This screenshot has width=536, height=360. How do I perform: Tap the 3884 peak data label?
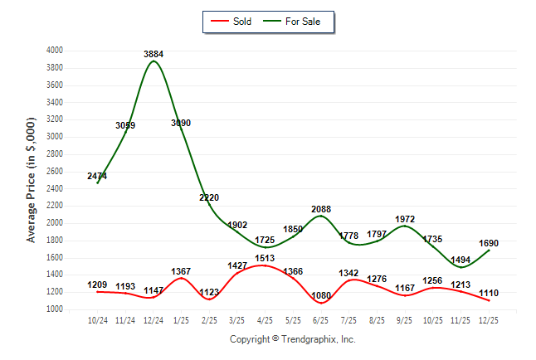point(153,55)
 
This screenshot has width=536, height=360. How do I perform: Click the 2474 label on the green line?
point(97,176)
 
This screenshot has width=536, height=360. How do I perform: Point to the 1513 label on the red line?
point(266,258)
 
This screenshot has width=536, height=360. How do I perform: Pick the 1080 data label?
point(321,294)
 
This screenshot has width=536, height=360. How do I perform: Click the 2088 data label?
point(321,209)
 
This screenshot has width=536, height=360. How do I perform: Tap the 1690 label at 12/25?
point(489,243)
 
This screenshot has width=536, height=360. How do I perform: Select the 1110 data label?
point(489,293)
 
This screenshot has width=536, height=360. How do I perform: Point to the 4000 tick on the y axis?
point(55,51)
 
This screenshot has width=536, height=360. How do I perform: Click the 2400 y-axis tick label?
point(55,188)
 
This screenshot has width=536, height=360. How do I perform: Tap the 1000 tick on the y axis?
point(55,309)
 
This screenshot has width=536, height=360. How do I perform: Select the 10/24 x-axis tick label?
point(97,320)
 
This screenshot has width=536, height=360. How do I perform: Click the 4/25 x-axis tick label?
point(266,320)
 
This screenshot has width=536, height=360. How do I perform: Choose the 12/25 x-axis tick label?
point(489,320)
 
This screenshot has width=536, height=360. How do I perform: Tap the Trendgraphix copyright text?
point(292,339)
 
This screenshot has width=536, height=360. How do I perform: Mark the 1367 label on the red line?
point(181,271)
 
